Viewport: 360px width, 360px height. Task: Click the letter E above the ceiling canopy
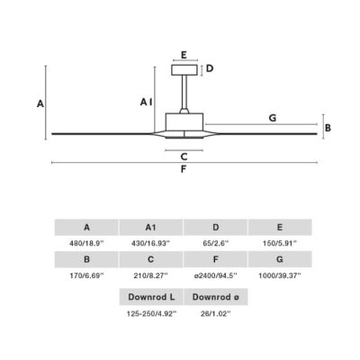click(184, 55)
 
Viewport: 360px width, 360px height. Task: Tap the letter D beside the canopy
click(210, 68)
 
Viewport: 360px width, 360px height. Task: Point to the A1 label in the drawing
click(146, 103)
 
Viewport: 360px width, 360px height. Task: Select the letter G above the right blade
click(273, 118)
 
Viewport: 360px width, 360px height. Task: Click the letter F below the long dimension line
click(184, 169)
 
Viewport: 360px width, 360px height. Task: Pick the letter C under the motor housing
click(184, 157)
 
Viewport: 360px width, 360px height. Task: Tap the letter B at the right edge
click(328, 128)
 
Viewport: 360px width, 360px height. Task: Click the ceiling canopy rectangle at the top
click(184, 70)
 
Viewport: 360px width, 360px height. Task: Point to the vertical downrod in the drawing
click(184, 92)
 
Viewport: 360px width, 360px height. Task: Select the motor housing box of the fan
click(184, 121)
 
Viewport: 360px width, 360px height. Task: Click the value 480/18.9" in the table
click(86, 243)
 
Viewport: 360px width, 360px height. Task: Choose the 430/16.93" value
click(150, 243)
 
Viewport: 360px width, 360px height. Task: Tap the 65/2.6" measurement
click(216, 243)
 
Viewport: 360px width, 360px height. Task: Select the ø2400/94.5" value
click(216, 275)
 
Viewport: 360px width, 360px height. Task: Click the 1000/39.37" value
click(280, 275)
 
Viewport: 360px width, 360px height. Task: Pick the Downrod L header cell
click(151, 297)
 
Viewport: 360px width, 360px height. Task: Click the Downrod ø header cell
click(216, 297)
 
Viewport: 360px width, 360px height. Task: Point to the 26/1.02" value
click(216, 314)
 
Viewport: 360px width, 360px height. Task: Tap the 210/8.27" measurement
click(150, 275)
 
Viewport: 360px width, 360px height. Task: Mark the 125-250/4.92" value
click(151, 314)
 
